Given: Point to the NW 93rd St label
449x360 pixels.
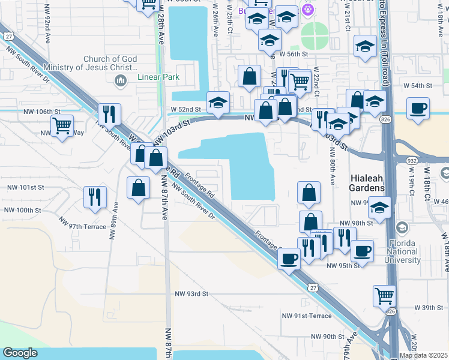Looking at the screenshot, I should (x=191, y=294).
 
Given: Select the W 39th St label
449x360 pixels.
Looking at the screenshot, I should (x=428, y=308).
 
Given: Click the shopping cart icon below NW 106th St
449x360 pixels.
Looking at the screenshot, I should (x=62, y=127).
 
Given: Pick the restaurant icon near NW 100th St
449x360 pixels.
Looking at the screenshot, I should (x=95, y=197).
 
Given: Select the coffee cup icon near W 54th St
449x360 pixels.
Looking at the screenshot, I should (x=418, y=109).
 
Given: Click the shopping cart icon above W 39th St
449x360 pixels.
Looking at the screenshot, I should (x=384, y=295).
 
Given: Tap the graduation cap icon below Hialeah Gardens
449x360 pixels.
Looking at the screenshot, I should (x=379, y=208).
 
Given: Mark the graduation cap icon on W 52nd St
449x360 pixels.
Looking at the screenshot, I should (x=218, y=102).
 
